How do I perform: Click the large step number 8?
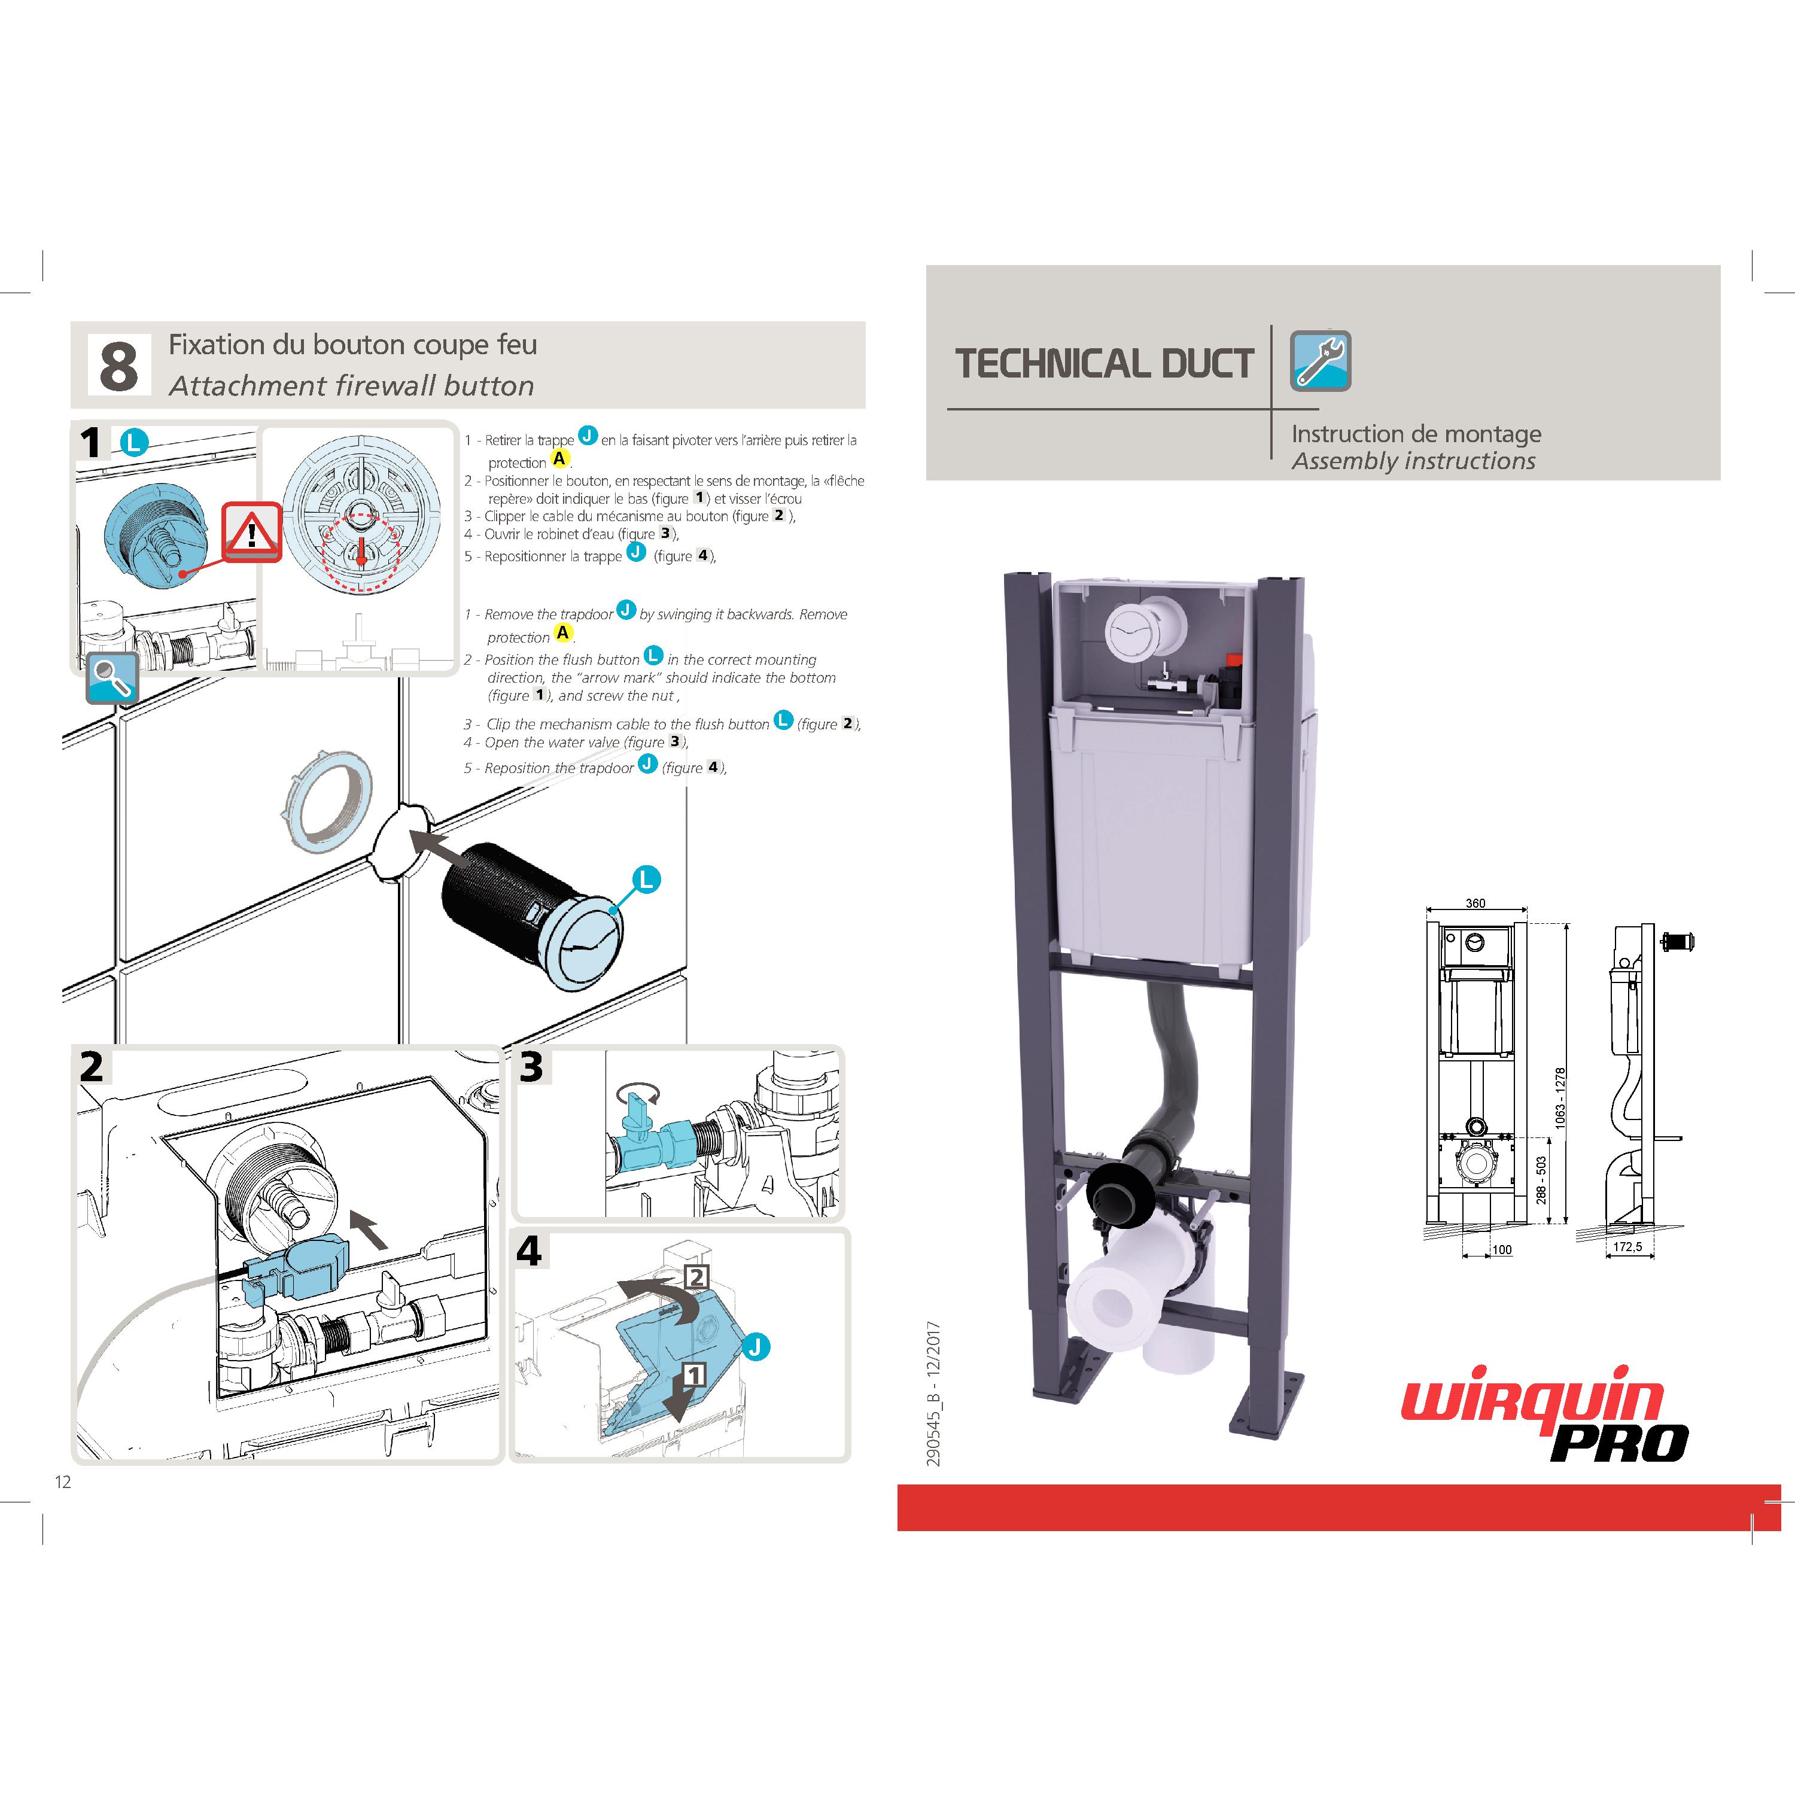[119, 365]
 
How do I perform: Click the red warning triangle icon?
[251, 531]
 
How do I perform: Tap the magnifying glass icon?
[112, 677]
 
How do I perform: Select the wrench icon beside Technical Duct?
[1321, 360]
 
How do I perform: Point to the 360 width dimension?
[1475, 903]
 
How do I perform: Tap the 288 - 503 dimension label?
[1541, 1180]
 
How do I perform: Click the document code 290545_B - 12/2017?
[934, 1393]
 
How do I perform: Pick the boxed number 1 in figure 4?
[694, 1374]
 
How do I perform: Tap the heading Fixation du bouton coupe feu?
[353, 345]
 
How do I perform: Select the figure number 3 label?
[531, 1067]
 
